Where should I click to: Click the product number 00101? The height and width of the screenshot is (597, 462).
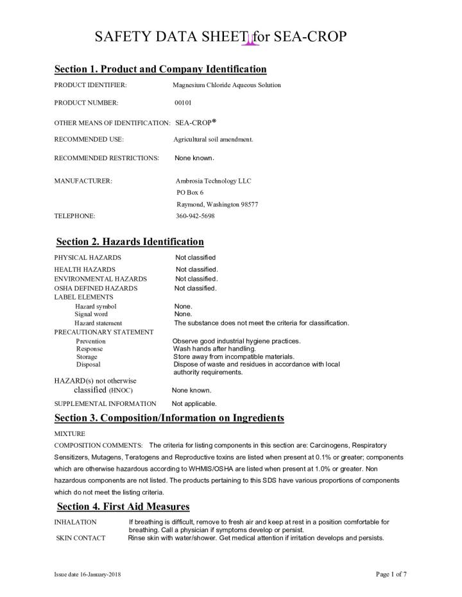[183, 103]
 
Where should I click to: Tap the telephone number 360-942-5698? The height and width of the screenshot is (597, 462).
[195, 216]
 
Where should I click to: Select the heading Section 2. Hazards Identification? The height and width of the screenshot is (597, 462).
[130, 242]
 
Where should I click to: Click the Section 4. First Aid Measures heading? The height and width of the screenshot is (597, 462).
[123, 507]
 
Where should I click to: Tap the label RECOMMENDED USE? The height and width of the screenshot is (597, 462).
[89, 139]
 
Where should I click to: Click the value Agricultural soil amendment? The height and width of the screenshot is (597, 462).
[213, 139]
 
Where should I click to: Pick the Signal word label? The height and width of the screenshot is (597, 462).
[91, 314]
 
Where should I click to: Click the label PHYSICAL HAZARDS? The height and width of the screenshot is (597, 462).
[87, 258]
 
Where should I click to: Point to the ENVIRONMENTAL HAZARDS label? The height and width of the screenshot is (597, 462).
[100, 279]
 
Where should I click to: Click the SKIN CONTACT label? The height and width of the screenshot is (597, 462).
[81, 538]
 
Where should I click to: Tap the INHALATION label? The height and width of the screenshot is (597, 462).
[75, 523]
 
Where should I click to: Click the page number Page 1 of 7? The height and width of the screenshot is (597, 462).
[391, 574]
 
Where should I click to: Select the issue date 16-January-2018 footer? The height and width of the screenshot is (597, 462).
[87, 575]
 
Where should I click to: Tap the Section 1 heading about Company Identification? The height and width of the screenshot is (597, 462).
[160, 69]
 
